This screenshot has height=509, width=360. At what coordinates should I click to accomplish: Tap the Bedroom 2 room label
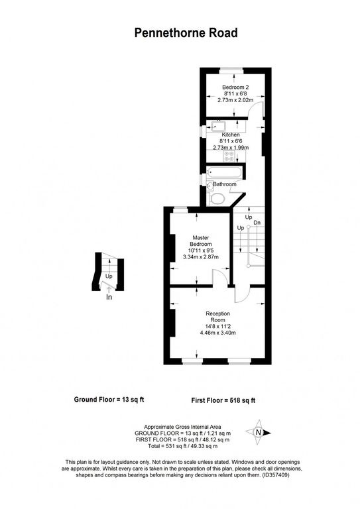tap(235, 87)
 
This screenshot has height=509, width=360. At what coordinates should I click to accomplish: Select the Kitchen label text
tap(231, 135)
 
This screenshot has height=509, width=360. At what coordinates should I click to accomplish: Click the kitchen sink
tap(217, 127)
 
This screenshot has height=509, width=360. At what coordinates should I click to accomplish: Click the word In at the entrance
tap(109, 298)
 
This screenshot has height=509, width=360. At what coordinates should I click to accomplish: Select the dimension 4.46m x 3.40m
tap(217, 333)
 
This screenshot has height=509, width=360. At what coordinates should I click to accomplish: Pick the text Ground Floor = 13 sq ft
tap(108, 400)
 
